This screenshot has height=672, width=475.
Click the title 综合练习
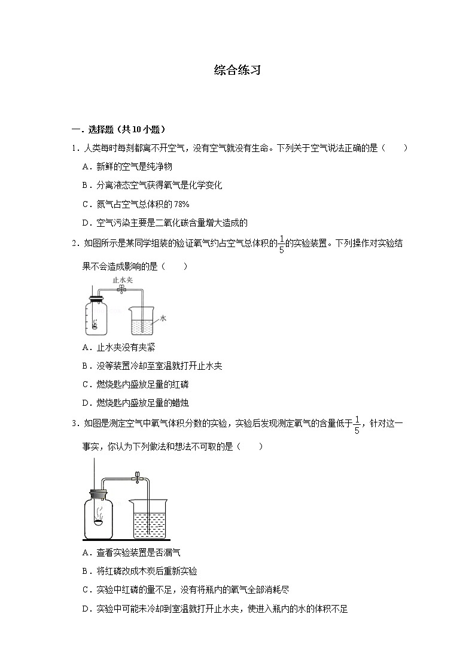pos(237,70)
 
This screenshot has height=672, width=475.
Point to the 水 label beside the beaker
pos(163,320)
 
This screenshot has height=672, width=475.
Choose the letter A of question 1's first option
pos(86,167)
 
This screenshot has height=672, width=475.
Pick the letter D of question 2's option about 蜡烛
pos(86,403)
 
